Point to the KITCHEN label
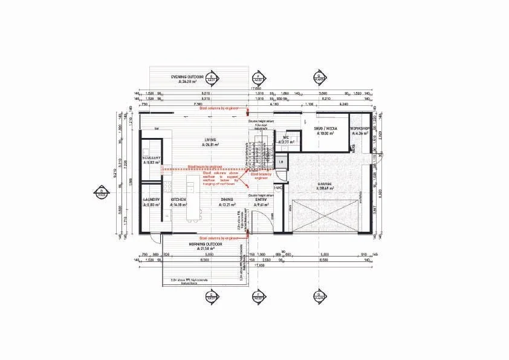point(179,199)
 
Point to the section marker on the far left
point(101,193)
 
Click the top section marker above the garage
point(319,77)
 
